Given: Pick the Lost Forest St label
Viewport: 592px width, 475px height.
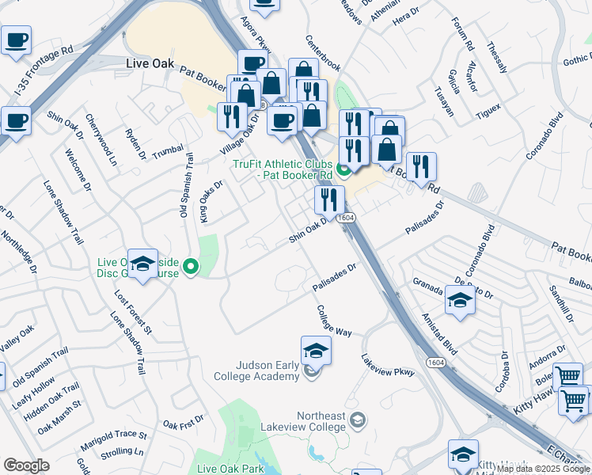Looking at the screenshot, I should (x=133, y=309).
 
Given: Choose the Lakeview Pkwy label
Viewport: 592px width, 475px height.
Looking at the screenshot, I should (x=387, y=365).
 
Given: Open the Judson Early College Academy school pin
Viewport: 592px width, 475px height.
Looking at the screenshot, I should (x=315, y=351).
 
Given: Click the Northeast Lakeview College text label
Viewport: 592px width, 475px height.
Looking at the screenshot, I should (x=321, y=421).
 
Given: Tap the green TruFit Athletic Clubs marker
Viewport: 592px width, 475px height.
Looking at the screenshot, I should (x=343, y=169).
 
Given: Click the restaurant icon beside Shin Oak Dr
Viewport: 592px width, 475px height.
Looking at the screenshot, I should (x=329, y=200).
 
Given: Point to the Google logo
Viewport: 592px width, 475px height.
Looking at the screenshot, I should (x=26, y=465).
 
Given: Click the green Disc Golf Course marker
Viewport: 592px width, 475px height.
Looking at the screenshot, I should (x=190, y=268).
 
